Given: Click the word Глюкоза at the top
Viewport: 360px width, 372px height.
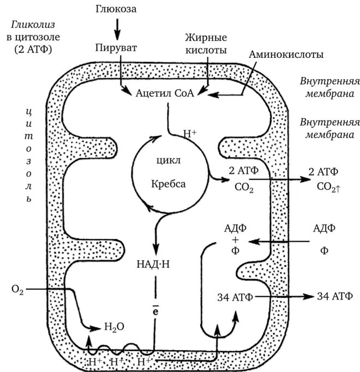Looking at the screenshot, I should click(116, 9).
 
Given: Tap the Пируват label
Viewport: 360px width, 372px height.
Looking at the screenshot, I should click(116, 47).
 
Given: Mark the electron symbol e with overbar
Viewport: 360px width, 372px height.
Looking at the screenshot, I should click(155, 313).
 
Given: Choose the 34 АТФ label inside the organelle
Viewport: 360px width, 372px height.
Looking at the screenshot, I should click(233, 297).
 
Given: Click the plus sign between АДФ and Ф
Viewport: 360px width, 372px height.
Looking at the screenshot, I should click(235, 240).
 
